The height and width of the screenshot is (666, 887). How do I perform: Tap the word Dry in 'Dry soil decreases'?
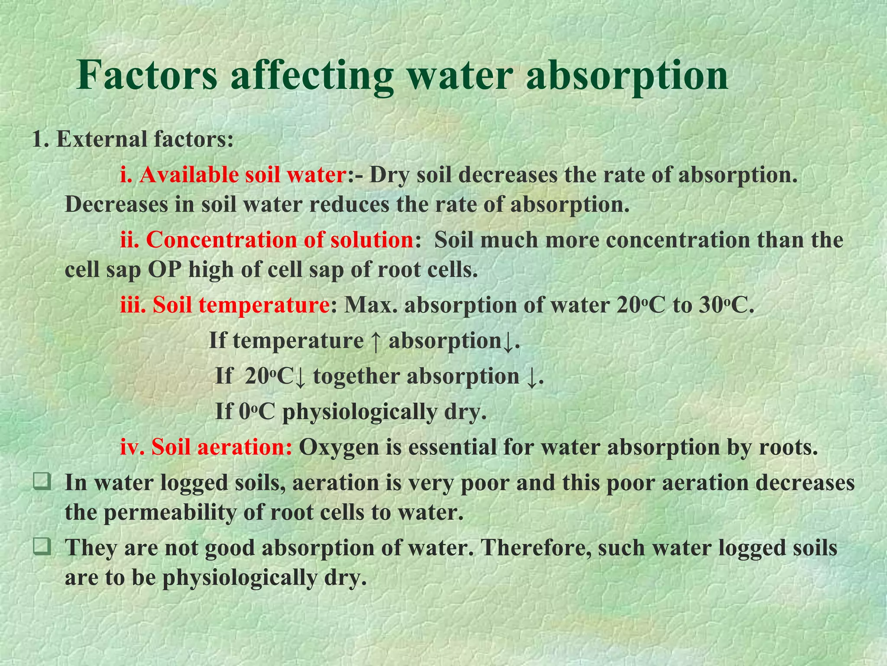390,175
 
